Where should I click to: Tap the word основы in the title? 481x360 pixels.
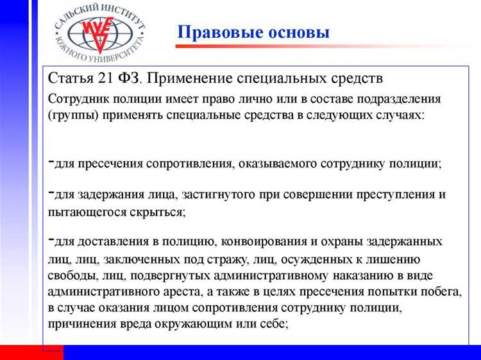(x=294, y=32)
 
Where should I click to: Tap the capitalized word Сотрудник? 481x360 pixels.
(x=78, y=99)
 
